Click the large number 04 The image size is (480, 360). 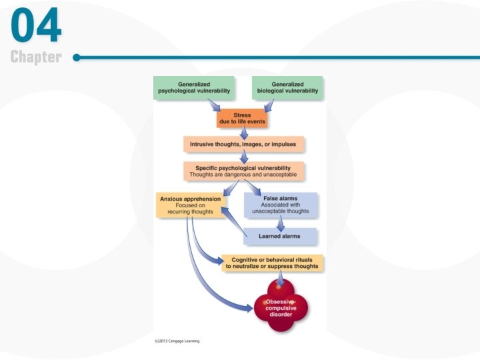37,27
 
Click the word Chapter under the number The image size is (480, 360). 36,58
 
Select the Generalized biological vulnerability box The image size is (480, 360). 287,87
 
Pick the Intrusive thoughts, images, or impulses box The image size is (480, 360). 243,144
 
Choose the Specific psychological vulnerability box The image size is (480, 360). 244,171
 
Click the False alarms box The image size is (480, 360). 280,204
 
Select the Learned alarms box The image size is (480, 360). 279,236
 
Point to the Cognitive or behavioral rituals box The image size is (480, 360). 272,263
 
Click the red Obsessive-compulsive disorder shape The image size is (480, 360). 281,307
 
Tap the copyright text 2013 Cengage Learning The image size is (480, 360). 177,341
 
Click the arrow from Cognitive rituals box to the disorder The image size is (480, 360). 281,278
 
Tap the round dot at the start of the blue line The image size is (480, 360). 77,57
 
